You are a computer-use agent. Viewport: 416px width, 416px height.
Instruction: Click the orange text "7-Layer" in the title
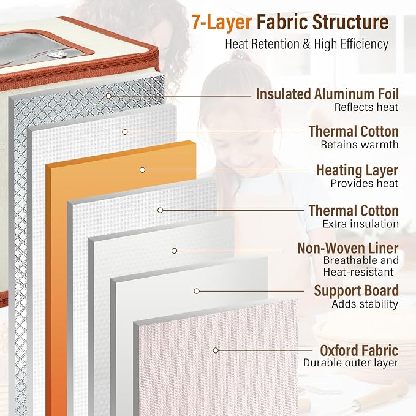coord(222,23)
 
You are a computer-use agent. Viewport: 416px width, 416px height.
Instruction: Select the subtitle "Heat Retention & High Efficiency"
coord(307,44)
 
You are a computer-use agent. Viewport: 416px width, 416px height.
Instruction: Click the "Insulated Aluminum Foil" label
coord(327,94)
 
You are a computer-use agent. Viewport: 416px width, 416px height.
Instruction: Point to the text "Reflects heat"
coord(366,107)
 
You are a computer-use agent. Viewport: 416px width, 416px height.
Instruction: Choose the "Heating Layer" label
coord(357,170)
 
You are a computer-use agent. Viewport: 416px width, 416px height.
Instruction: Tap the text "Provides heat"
coord(365,183)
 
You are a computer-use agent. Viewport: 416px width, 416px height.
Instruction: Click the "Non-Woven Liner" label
coord(348,248)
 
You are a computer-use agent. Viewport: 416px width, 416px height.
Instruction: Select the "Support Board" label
coord(357,290)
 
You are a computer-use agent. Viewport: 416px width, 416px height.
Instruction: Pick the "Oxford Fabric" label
coord(359,350)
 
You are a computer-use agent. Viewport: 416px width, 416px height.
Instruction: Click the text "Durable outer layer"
coord(350,363)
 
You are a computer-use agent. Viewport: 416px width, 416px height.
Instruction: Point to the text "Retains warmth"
coord(360,145)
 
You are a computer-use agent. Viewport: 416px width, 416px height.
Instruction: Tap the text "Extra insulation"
coord(360,224)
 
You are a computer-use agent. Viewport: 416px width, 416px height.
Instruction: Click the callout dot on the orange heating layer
coord(143,170)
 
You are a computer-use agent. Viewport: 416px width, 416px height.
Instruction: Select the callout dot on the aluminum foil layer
coord(109,96)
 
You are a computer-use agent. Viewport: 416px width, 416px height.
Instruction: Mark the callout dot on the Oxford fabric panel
coord(216,350)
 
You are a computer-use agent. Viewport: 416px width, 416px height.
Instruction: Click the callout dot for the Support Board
coord(197,291)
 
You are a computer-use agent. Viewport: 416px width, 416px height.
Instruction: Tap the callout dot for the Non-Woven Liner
coord(175,251)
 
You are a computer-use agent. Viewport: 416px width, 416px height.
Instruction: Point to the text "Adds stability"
coord(365,304)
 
